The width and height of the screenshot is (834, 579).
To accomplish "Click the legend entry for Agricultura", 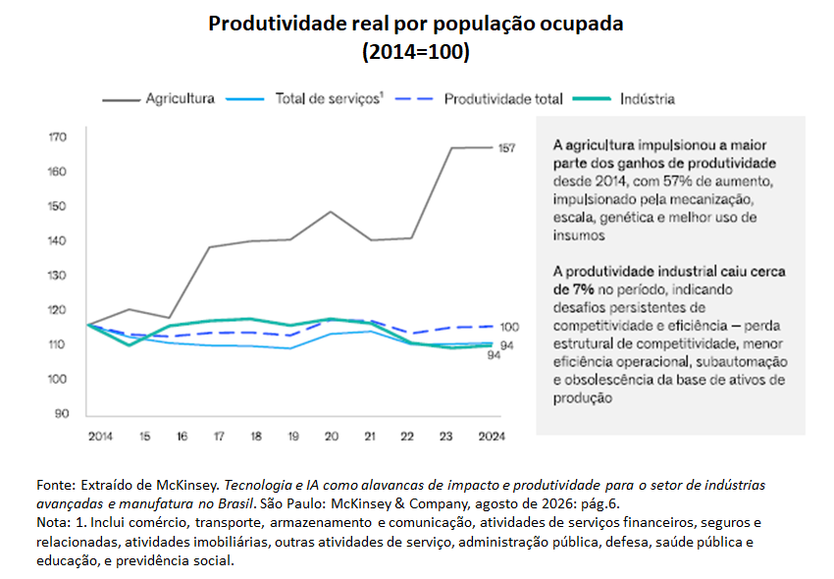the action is click(x=159, y=99).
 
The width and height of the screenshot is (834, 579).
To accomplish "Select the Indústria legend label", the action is click(x=624, y=99).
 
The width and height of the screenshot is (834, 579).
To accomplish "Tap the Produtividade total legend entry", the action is click(x=479, y=99).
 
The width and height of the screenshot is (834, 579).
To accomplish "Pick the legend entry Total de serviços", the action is click(x=304, y=99).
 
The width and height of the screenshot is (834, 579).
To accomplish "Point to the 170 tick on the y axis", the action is click(x=58, y=137).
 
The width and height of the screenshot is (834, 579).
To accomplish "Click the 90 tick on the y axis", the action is click(x=62, y=413).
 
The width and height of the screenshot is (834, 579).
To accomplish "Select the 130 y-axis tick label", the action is click(x=58, y=275).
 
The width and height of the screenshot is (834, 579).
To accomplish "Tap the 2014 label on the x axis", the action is click(x=100, y=437).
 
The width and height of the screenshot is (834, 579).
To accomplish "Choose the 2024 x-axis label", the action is click(x=492, y=437).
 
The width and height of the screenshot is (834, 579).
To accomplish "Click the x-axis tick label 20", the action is click(x=332, y=437).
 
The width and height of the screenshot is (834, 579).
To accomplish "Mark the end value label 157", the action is click(x=506, y=148).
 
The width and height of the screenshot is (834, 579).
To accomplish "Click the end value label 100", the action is click(x=509, y=327).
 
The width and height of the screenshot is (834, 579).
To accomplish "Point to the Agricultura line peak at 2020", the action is click(x=331, y=212).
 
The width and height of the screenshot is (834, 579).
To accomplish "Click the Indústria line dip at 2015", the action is click(x=130, y=345).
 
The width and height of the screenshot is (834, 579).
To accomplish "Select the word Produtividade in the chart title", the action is click(x=277, y=24).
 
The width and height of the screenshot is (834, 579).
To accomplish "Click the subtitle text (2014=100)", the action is click(x=416, y=52).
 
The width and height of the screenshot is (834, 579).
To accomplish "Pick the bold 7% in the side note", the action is click(x=583, y=289).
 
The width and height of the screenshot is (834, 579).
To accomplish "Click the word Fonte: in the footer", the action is click(x=56, y=485).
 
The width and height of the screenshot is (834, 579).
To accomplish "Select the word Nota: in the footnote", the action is click(x=53, y=523).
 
